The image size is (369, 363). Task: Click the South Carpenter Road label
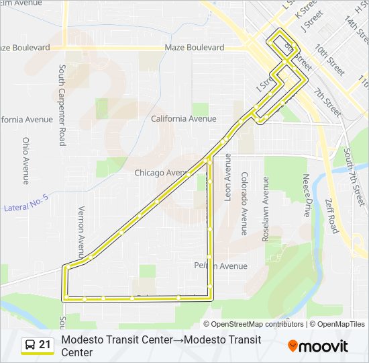(61, 105)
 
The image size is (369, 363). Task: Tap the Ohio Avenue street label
(26, 161)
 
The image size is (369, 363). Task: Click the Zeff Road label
(331, 216)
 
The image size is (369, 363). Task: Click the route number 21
(45, 345)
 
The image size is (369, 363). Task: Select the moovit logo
(318, 346)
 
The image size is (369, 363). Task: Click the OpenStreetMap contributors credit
(258, 324)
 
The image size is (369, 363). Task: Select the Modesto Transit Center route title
(161, 346)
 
